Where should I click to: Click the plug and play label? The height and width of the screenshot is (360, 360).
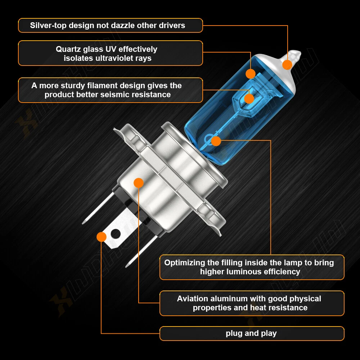251,333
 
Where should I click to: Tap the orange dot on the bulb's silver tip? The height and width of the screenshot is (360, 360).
287,65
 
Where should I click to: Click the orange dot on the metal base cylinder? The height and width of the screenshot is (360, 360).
139,183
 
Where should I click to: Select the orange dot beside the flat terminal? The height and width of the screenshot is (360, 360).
101,237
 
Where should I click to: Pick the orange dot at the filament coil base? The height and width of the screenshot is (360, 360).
216,141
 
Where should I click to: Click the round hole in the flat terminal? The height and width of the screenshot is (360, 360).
116,234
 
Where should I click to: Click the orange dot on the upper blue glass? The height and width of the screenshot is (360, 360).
251,74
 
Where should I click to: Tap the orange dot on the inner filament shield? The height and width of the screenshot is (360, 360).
249,99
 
